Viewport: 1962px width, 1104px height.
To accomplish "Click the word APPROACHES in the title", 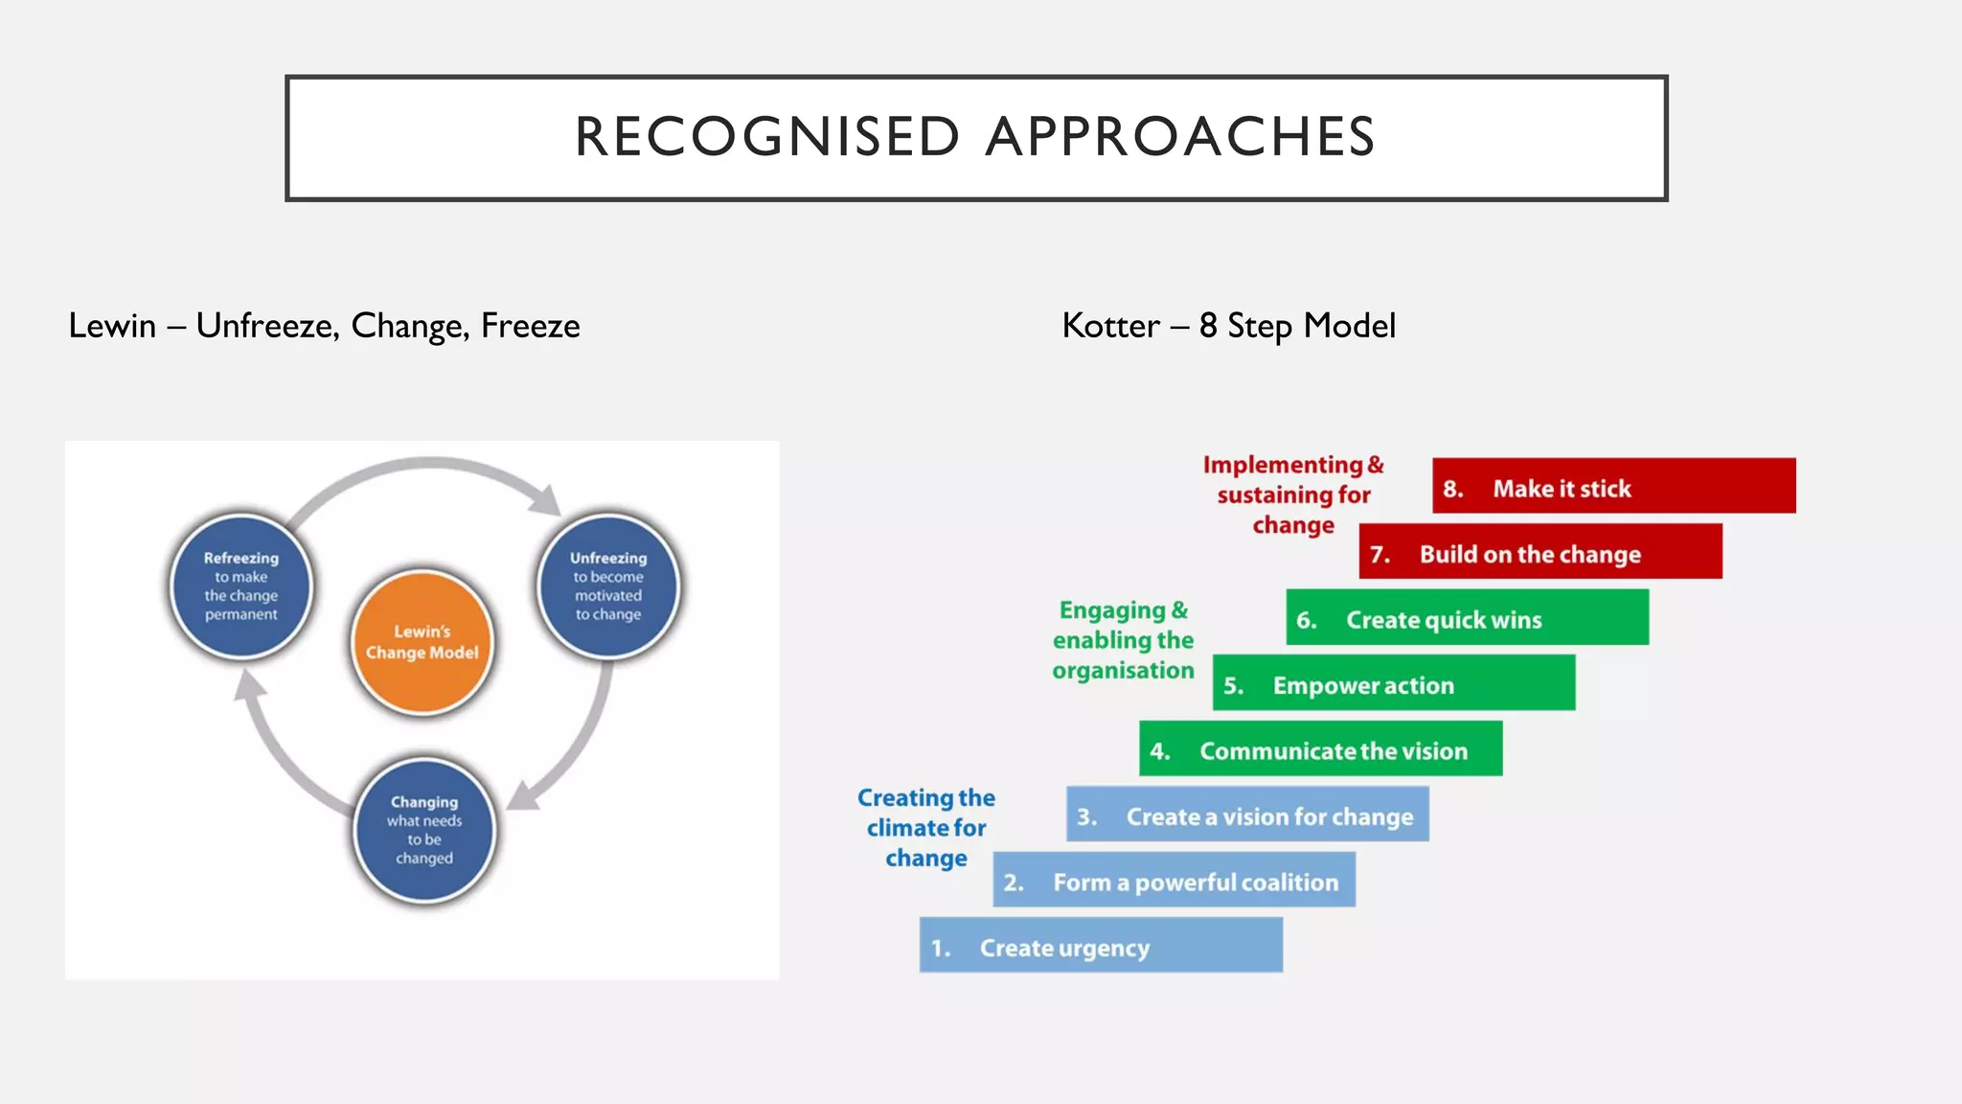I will [x=1180, y=136].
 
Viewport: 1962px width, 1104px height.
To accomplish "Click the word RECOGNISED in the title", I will [x=766, y=136].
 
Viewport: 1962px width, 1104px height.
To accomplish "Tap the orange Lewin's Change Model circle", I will [x=422, y=642].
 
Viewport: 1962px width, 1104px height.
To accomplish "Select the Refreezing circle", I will [x=241, y=586].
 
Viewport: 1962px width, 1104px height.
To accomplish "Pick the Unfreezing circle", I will [x=608, y=586].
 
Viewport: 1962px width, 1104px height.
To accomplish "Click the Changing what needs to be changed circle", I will [x=424, y=830].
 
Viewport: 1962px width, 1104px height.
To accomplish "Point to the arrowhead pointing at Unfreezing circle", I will [x=546, y=499].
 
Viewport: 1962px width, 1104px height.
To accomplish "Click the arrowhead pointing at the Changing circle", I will [x=523, y=795].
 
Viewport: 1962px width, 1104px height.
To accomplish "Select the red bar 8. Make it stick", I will [x=1613, y=486].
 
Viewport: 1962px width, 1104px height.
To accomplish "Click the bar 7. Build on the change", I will [x=1540, y=551].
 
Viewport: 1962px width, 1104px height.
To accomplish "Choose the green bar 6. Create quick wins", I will [x=1467, y=617].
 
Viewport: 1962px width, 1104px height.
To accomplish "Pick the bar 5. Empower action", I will [x=1393, y=682].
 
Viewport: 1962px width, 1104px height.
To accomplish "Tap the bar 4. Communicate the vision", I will [x=1320, y=748].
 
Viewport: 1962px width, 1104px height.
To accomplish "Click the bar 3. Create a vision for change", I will [x=1246, y=815].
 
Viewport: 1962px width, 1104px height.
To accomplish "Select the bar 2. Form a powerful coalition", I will [x=1174, y=880].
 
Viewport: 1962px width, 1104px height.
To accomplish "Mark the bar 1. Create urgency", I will [x=1100, y=945].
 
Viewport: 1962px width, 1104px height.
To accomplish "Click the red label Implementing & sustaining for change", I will [x=1293, y=494].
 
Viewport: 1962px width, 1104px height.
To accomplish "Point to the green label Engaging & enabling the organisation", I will [x=1123, y=640].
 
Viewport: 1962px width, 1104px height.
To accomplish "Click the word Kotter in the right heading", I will [x=1110, y=326].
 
